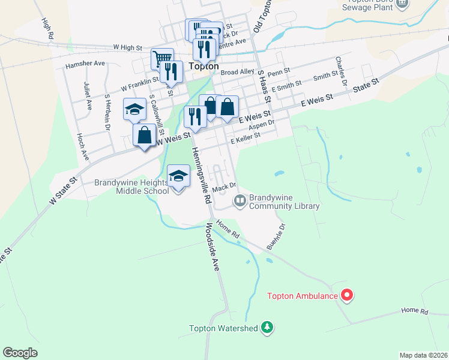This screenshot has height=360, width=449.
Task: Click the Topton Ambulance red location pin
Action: [347, 295]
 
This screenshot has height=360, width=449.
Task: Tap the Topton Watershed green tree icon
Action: [267, 328]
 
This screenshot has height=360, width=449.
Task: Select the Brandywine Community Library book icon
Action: [240, 200]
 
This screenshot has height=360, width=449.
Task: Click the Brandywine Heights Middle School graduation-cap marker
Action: [178, 177]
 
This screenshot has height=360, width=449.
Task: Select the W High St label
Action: [127, 47]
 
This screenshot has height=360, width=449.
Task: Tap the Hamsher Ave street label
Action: [85, 63]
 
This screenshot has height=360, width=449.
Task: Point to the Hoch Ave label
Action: [82, 146]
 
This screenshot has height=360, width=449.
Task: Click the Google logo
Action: [20, 352]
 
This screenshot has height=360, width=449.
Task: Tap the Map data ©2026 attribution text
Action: [423, 355]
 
